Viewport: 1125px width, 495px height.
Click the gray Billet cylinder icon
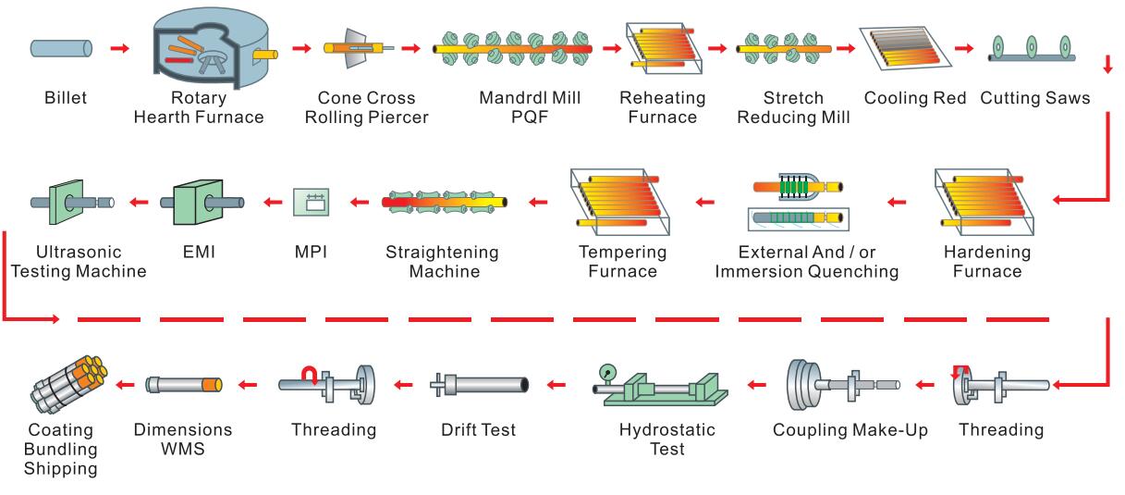(62, 47)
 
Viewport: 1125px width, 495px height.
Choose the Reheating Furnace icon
(664, 47)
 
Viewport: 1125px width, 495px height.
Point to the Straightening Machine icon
(446, 200)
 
